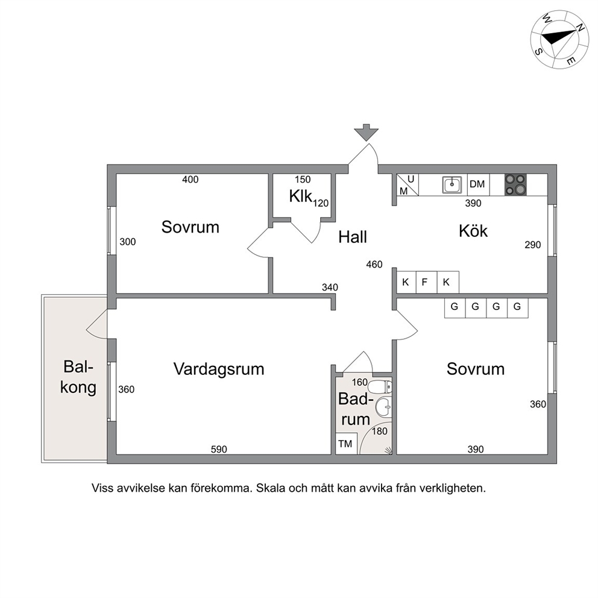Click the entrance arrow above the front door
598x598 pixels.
(x=366, y=132)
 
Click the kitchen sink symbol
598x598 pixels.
(x=452, y=184)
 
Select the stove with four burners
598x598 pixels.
(x=515, y=184)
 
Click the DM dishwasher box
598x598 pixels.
(x=478, y=184)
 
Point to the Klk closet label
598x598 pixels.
(x=301, y=196)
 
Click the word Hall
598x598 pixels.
(x=353, y=237)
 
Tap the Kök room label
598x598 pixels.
(x=473, y=231)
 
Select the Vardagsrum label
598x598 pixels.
(x=219, y=369)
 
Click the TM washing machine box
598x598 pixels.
(x=346, y=444)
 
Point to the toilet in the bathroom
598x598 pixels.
(x=380, y=387)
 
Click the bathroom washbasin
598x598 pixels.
(x=383, y=407)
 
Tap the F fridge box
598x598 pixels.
(x=426, y=282)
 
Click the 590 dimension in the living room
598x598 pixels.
(x=219, y=449)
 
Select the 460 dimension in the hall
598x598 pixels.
(x=374, y=264)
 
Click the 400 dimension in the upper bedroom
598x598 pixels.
(x=190, y=179)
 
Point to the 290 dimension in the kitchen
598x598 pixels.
(x=533, y=245)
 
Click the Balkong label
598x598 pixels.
(x=78, y=377)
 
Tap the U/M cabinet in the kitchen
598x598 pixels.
(x=408, y=185)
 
